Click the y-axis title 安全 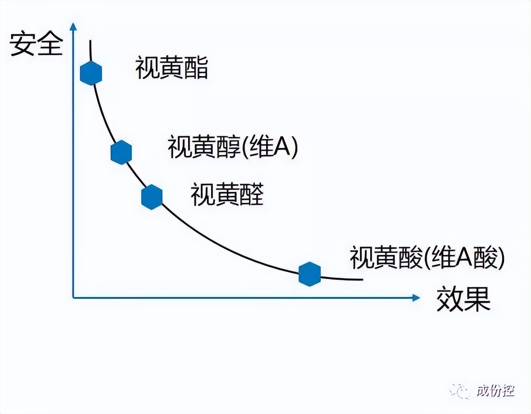(x=36, y=44)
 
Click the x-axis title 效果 (x=463, y=299)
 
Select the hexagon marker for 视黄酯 (x=91, y=73)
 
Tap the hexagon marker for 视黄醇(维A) (x=121, y=152)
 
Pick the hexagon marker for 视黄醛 (x=152, y=197)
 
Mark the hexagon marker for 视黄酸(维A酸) (x=310, y=274)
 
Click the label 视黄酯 (x=171, y=67)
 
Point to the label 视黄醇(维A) (x=233, y=147)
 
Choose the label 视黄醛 (x=227, y=194)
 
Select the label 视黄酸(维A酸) (x=427, y=257)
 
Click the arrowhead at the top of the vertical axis (x=73, y=26)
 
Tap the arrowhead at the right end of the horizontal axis (x=416, y=298)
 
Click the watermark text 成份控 (x=496, y=391)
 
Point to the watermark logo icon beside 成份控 (x=460, y=392)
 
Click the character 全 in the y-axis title (x=50, y=44)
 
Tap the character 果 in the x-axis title (x=477, y=299)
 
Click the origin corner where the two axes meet (x=73, y=298)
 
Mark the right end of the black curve (x=363, y=279)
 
